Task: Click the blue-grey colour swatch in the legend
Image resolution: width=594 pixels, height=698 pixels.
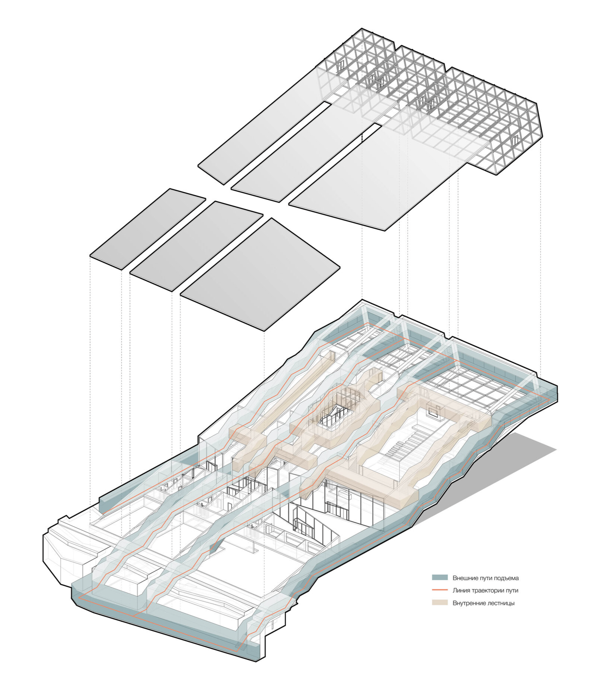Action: pyautogui.click(x=439, y=578)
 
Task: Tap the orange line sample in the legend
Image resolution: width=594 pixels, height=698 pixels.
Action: pyautogui.click(x=439, y=590)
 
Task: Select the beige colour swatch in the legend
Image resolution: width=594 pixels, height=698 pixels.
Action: pyautogui.click(x=439, y=602)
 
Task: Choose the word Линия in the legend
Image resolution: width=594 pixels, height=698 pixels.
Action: pyautogui.click(x=461, y=590)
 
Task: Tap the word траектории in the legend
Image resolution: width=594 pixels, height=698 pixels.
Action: pyautogui.click(x=488, y=590)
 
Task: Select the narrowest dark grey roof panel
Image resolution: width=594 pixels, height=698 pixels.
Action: pyautogui.click(x=148, y=228)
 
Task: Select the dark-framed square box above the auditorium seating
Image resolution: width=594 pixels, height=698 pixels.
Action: pyautogui.click(x=434, y=411)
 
